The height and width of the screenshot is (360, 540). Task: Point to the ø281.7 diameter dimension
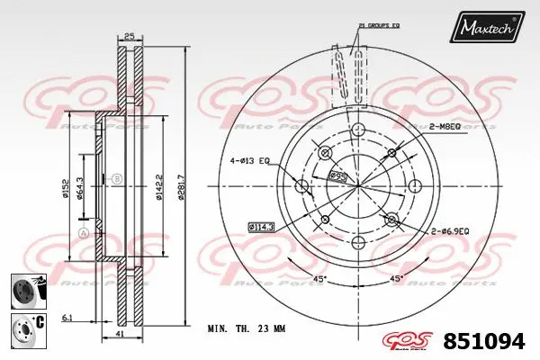pos(182,186)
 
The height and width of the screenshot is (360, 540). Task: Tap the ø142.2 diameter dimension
pos(159,186)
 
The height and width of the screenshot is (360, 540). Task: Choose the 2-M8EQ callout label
pos(445,128)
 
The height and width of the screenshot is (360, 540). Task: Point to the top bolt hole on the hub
pos(357,129)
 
